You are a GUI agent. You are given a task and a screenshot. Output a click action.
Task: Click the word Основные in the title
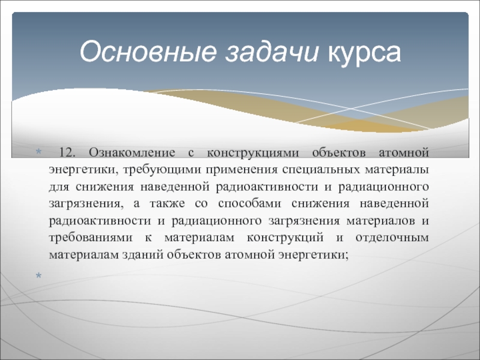[x=148, y=52]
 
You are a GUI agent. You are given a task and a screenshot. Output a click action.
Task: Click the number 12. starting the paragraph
[x=67, y=152]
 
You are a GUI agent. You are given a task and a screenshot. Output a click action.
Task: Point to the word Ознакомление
[x=132, y=152]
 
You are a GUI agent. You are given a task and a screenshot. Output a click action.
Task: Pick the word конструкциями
[x=253, y=153]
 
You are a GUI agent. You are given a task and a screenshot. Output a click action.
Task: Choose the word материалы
[x=397, y=170]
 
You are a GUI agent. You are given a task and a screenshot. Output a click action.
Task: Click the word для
[x=59, y=187]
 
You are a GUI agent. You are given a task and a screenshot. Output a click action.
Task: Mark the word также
[x=167, y=204]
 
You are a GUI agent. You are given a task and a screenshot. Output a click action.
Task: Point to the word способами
[x=250, y=204]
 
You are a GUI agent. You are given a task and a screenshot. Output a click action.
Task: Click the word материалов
[x=381, y=221]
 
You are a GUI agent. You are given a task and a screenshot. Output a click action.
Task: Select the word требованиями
[x=91, y=238]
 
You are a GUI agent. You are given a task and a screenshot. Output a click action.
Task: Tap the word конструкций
[x=285, y=238]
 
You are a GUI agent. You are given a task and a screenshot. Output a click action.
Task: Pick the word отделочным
[x=392, y=238]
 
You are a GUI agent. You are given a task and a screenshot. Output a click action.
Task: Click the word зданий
[x=143, y=255]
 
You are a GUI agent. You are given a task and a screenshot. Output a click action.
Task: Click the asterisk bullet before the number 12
[x=38, y=151]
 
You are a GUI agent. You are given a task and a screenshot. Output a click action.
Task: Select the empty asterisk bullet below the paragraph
[x=38, y=276]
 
